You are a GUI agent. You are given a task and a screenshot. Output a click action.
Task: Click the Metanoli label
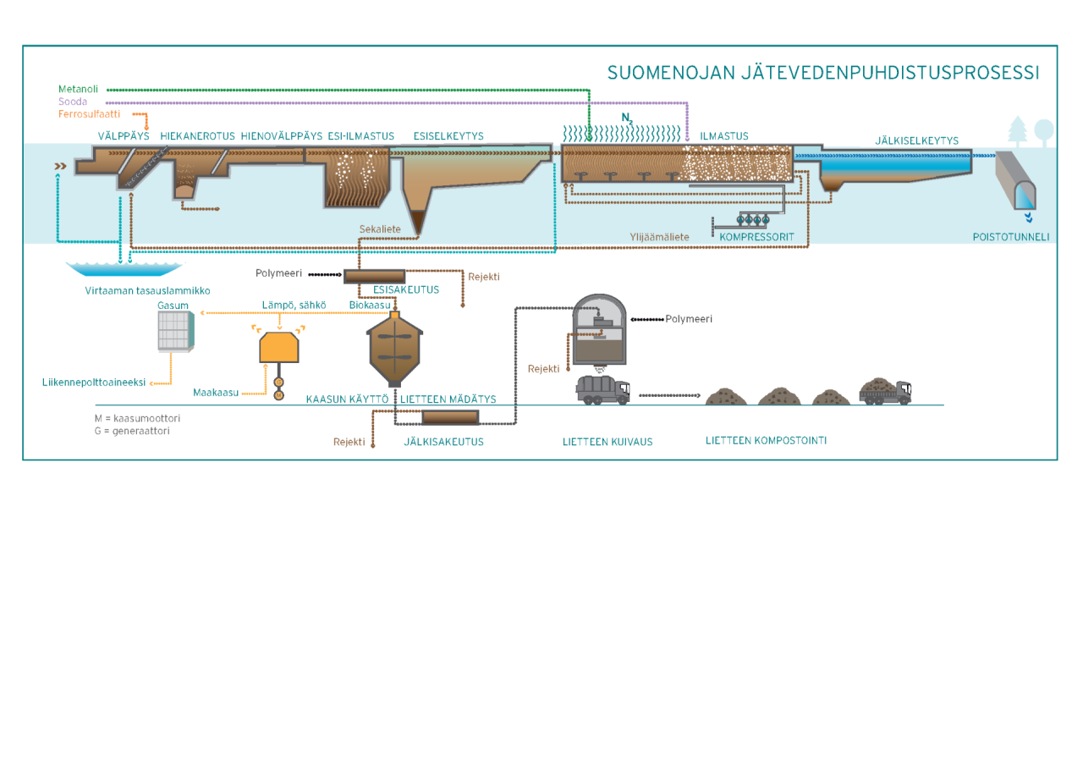click(x=78, y=89)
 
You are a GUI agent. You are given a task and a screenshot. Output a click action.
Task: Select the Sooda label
click(x=73, y=102)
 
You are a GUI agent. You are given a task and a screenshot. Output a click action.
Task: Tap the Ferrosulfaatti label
click(x=89, y=114)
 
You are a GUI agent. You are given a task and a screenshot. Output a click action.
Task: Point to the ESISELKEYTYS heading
click(x=448, y=136)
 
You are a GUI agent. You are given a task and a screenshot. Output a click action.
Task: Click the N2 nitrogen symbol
click(x=627, y=118)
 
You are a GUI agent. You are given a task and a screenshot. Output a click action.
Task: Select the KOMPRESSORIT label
click(x=756, y=237)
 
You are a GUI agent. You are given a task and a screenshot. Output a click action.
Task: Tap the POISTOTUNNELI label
click(x=1010, y=237)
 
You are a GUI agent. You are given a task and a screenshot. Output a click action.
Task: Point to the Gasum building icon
click(x=176, y=331)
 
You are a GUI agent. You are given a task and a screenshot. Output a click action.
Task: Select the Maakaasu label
click(x=215, y=393)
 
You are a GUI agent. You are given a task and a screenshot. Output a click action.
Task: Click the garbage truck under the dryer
click(x=602, y=389)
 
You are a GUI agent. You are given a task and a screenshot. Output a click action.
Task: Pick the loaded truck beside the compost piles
click(x=884, y=390)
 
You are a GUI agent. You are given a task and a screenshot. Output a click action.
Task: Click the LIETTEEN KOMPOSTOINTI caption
click(x=766, y=441)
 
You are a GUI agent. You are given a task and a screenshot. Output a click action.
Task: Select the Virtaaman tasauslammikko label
click(x=147, y=290)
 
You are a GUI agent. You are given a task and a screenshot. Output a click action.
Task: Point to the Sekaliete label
click(x=380, y=229)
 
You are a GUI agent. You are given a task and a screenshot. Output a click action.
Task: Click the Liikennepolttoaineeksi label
click(x=94, y=382)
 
